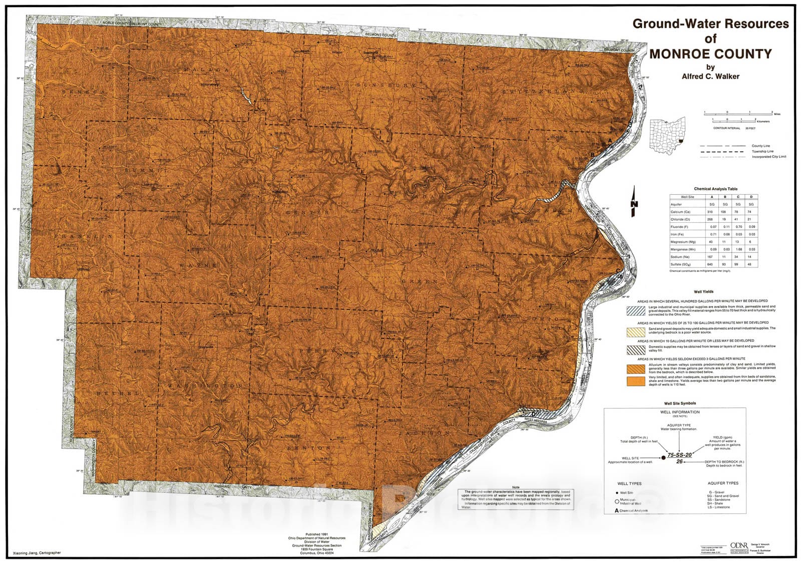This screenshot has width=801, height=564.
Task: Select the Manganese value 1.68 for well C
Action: coord(738,249)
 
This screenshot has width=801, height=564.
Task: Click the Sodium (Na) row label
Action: coord(680,256)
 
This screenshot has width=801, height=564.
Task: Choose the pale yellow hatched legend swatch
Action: coord(634,332)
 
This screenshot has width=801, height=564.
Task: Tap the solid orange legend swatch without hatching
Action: coord(634,381)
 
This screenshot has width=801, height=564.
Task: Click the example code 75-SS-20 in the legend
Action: coord(679,455)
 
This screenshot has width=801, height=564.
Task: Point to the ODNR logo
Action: coord(739,545)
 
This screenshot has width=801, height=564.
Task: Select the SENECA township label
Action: coord(84,93)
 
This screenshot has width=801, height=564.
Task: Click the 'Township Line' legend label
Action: coord(762,151)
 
